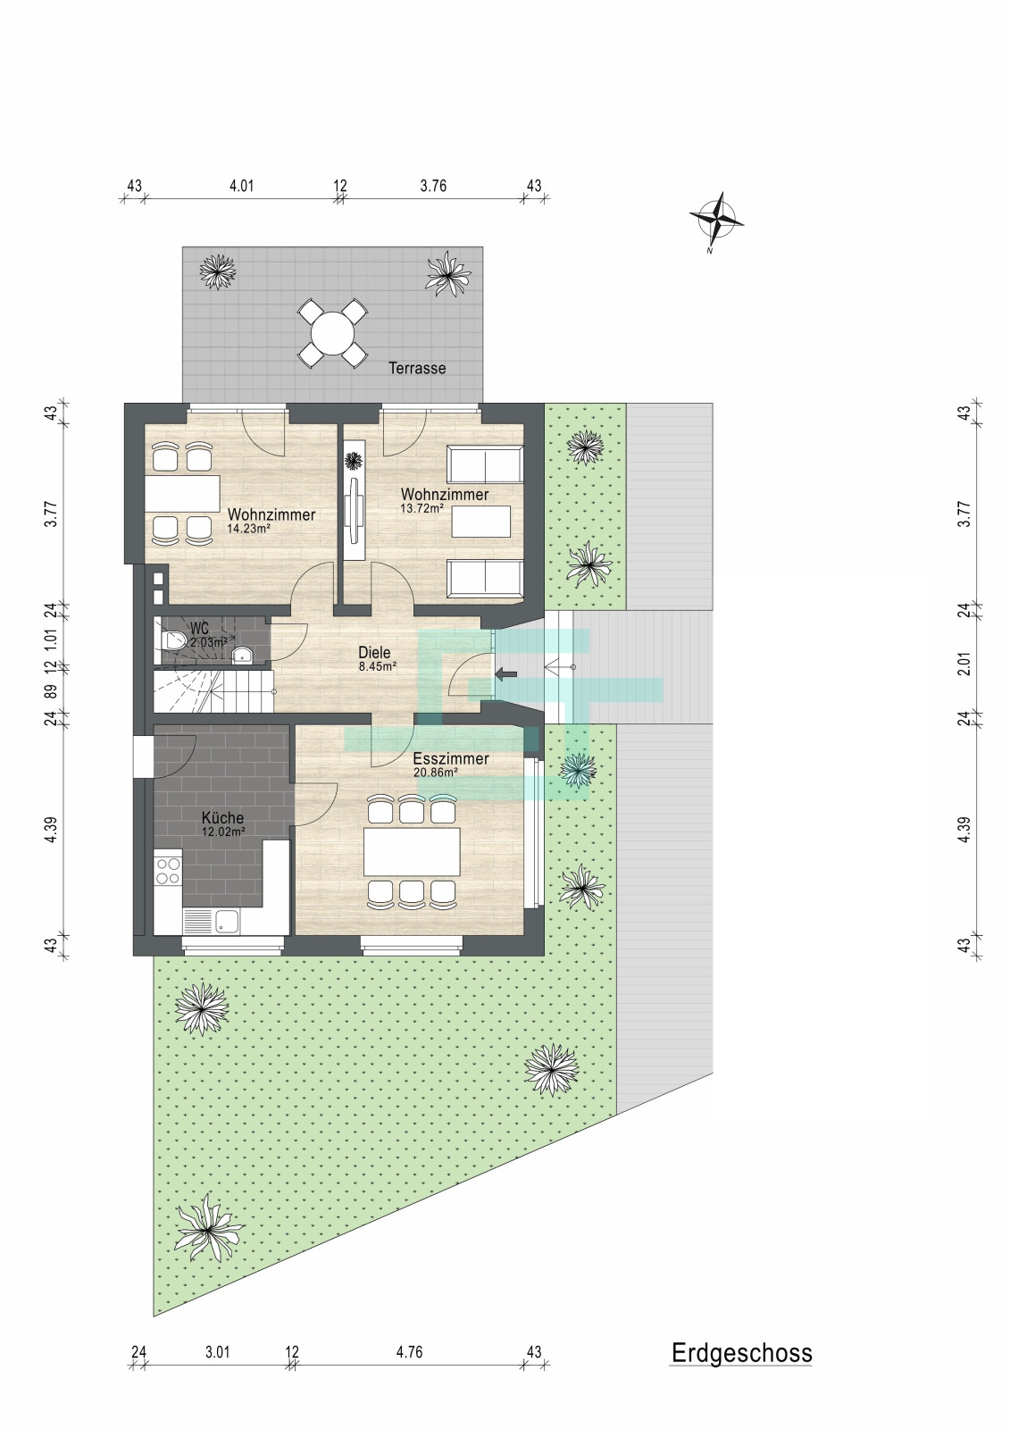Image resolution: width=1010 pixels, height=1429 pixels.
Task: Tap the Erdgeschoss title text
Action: click(x=741, y=1352)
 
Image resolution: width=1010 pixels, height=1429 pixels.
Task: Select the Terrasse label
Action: click(x=417, y=368)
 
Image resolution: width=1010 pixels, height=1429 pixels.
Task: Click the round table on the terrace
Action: click(x=332, y=334)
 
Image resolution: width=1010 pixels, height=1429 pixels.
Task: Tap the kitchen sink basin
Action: click(x=227, y=921)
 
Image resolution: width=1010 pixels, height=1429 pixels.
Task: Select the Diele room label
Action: click(x=374, y=653)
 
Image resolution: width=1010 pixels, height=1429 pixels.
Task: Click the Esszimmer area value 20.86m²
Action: click(x=436, y=772)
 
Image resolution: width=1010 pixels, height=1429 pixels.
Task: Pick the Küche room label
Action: click(x=222, y=817)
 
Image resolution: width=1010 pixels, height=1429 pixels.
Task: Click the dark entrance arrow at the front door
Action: click(x=506, y=673)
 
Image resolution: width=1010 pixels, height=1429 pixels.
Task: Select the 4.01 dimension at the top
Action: click(x=241, y=187)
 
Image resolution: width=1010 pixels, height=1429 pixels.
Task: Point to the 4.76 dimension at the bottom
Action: click(x=409, y=1352)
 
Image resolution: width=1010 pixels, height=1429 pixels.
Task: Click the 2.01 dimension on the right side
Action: click(x=964, y=664)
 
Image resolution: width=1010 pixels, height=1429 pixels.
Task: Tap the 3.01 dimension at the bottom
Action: click(x=217, y=1352)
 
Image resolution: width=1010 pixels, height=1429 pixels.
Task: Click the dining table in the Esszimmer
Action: click(x=412, y=852)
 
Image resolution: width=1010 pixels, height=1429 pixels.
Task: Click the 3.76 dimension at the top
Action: click(x=433, y=187)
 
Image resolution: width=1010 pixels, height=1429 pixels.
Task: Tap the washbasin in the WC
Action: click(x=242, y=654)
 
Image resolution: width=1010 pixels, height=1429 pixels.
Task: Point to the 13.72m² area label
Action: click(x=422, y=508)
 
